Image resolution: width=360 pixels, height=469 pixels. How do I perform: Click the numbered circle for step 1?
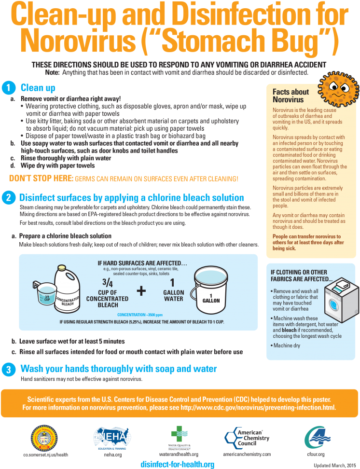coord(9,88)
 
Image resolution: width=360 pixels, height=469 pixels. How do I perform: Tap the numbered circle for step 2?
coord(9,198)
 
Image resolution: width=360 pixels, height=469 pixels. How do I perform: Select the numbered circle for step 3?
coord(9,370)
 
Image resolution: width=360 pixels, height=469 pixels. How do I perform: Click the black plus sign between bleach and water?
coord(141,291)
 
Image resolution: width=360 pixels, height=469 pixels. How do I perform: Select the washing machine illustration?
coord(342,300)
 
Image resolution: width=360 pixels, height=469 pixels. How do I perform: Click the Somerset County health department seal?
coord(44,438)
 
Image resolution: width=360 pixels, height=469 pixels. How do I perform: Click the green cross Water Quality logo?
coord(179,434)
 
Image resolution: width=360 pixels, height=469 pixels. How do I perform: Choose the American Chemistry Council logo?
coord(247,438)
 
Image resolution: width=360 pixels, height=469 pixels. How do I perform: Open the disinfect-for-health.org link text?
coord(178,464)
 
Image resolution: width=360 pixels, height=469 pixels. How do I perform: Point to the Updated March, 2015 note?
coord(334,466)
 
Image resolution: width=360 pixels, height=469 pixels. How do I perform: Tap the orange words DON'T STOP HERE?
coord(42,179)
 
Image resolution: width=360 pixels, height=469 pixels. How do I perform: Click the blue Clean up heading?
coord(38,88)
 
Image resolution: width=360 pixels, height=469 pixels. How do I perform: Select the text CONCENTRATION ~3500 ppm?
coord(140,315)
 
